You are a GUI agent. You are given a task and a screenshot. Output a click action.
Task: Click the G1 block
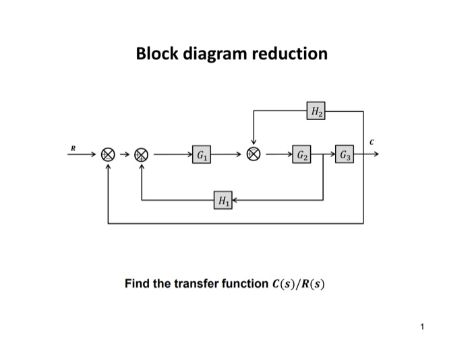(x=200, y=154)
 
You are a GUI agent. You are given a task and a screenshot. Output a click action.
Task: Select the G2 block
(x=302, y=154)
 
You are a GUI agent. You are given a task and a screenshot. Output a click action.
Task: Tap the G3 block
(x=345, y=154)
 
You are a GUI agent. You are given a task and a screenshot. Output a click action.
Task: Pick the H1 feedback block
(x=223, y=200)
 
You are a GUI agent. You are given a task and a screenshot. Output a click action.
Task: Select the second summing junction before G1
(x=142, y=154)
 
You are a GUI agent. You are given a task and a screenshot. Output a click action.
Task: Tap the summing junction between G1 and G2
(x=254, y=154)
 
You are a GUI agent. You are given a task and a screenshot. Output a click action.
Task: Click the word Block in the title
(x=156, y=53)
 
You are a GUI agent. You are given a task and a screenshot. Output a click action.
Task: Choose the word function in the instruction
(x=237, y=284)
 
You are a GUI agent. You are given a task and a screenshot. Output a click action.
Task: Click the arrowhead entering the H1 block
(x=236, y=200)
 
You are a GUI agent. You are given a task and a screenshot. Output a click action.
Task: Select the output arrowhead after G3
(x=375, y=154)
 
